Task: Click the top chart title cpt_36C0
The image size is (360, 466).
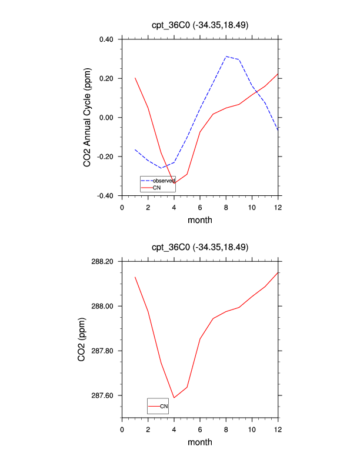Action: click(x=199, y=25)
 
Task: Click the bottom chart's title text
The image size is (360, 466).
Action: click(x=199, y=247)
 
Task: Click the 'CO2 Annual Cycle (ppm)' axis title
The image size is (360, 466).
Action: click(x=87, y=118)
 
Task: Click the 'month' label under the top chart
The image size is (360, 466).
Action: click(x=199, y=220)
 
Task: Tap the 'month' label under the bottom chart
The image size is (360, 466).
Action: click(x=199, y=442)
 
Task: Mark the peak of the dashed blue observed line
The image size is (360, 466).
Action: click(x=226, y=56)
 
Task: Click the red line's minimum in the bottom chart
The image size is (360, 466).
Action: click(x=174, y=398)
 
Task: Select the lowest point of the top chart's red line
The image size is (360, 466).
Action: click(x=174, y=183)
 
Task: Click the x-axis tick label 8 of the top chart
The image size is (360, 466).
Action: click(x=226, y=207)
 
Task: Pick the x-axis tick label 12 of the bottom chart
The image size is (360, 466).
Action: click(x=278, y=428)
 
